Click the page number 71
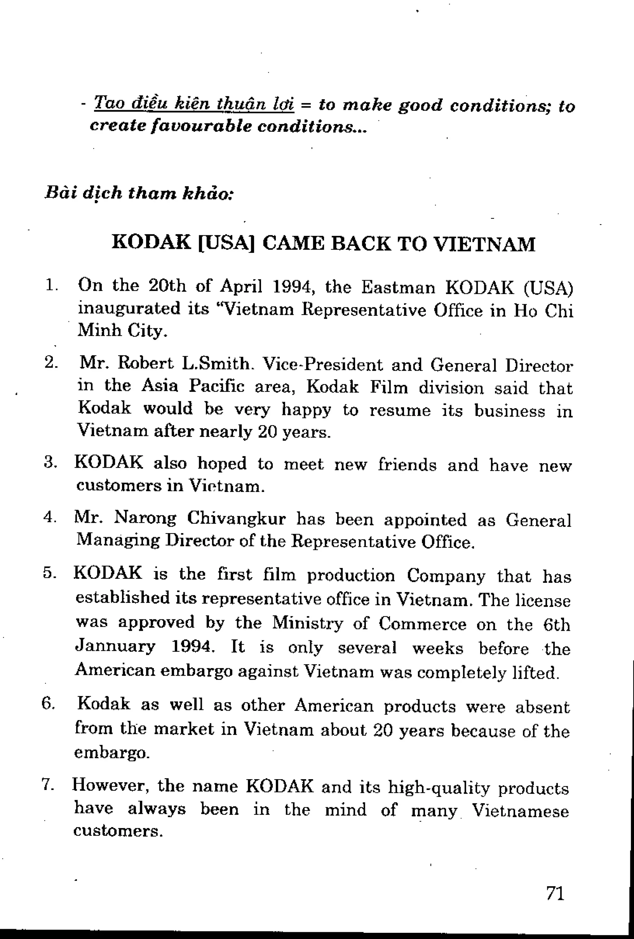(x=555, y=893)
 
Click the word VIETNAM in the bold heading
(x=484, y=244)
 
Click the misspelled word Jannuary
(x=116, y=647)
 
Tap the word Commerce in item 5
(x=423, y=624)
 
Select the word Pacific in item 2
(x=217, y=386)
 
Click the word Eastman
(x=398, y=288)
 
